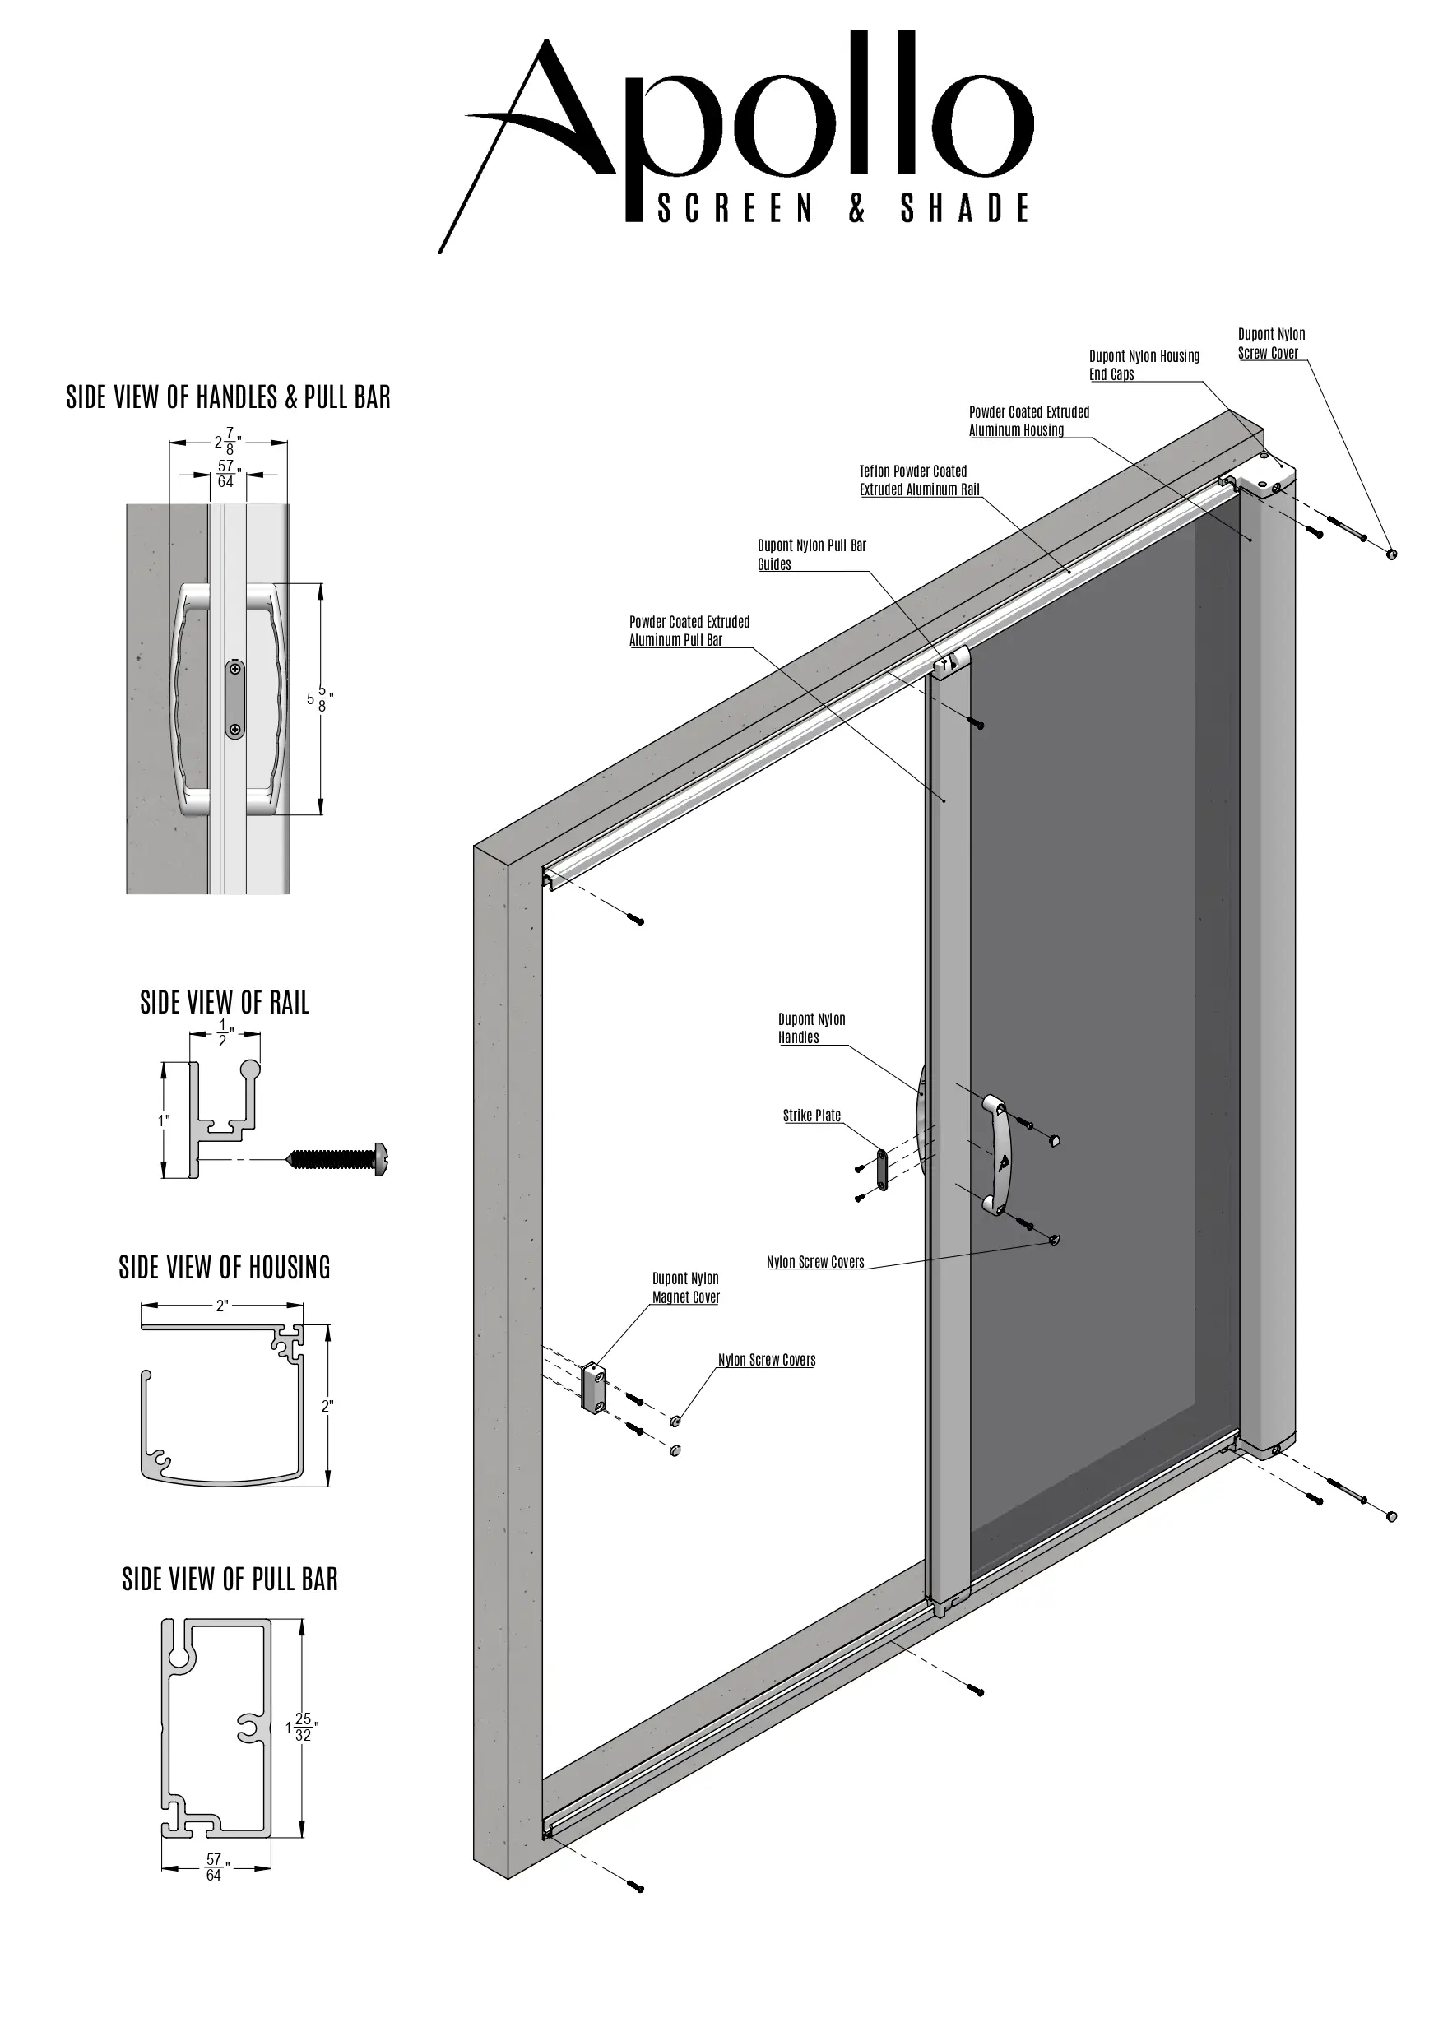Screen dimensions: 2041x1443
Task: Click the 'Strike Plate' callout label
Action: pyautogui.click(x=811, y=1116)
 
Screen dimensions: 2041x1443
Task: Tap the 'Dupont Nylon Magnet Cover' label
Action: pyautogui.click(x=685, y=1288)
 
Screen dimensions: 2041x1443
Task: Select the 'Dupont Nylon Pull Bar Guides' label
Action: pyautogui.click(x=811, y=554)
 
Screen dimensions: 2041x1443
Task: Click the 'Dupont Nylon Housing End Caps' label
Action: pyautogui.click(x=1144, y=364)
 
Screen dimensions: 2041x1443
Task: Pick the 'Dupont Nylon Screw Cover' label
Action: pyautogui.click(x=1270, y=343)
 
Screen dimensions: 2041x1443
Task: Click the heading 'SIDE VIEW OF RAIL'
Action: pyautogui.click(x=225, y=1003)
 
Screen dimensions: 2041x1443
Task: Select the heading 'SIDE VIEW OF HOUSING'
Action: pyautogui.click(x=225, y=1268)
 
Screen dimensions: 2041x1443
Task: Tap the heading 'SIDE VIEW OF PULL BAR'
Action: pyautogui.click(x=230, y=1579)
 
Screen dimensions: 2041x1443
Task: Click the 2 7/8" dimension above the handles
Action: pyautogui.click(x=228, y=441)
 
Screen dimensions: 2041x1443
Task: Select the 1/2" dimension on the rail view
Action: pyautogui.click(x=224, y=1033)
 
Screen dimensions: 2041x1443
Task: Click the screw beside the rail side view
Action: pyautogui.click(x=338, y=1159)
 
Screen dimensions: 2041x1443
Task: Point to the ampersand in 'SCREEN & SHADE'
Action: pyautogui.click(x=856, y=208)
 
